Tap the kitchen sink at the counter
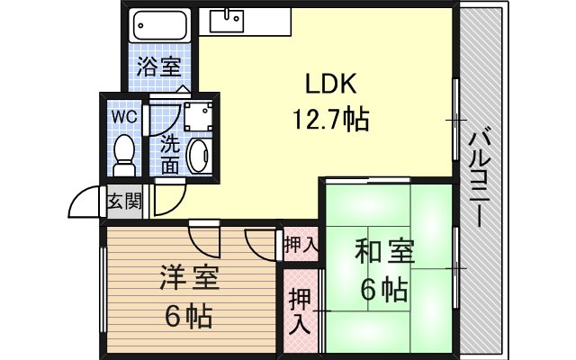coord(227,21)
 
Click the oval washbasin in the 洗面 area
coord(200,155)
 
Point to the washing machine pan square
coord(198,116)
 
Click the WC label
coord(124,117)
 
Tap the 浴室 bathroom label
coord(158,67)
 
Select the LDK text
coord(330,84)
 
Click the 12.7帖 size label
coord(330,120)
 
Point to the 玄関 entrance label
coord(124,201)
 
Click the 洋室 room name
coord(189,278)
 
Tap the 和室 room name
coord(384,251)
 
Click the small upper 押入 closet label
coord(301,245)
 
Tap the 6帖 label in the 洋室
coord(188,316)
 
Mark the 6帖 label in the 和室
coord(384,290)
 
